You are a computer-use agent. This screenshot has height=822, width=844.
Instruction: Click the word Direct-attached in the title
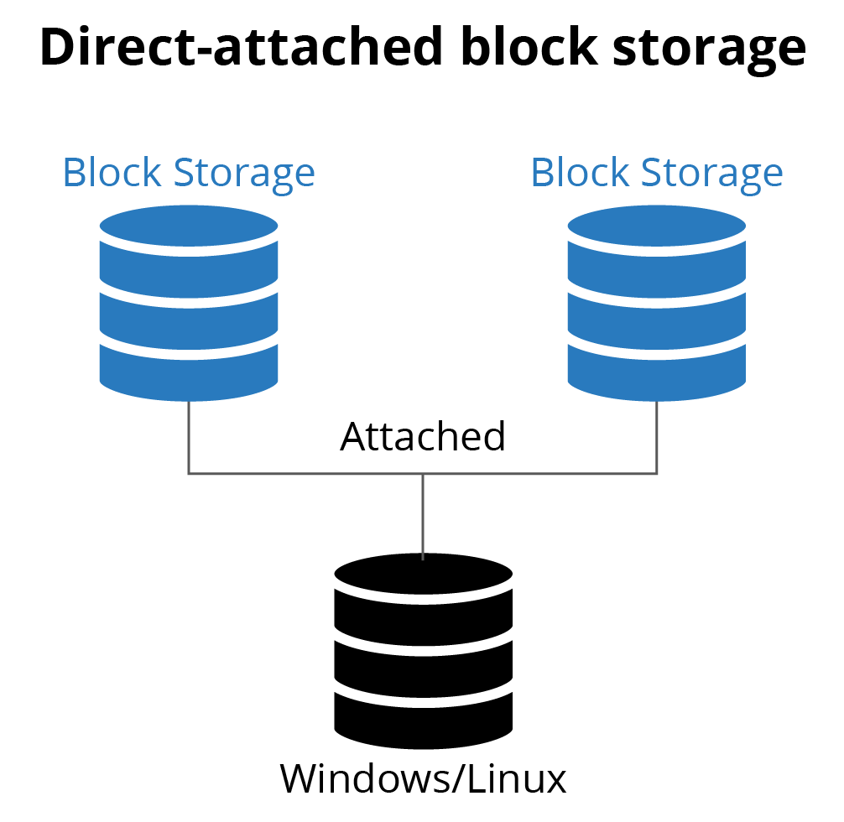pyautogui.click(x=240, y=48)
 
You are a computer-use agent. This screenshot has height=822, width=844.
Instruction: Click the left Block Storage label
pyautogui.click(x=189, y=173)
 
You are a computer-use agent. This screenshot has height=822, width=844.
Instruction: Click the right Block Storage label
pyautogui.click(x=657, y=173)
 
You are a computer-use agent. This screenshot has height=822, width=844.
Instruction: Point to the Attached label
pyautogui.click(x=423, y=437)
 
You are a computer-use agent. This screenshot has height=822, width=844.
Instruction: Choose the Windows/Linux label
pyautogui.click(x=423, y=778)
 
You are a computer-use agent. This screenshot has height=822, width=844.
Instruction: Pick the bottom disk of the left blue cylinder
pyautogui.click(x=189, y=369)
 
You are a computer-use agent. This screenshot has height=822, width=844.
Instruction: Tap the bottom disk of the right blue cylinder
pyautogui.click(x=657, y=369)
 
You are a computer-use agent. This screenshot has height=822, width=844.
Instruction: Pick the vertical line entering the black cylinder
pyautogui.click(x=423, y=516)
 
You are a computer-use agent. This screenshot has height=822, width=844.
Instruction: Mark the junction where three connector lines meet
pyautogui.click(x=423, y=474)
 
